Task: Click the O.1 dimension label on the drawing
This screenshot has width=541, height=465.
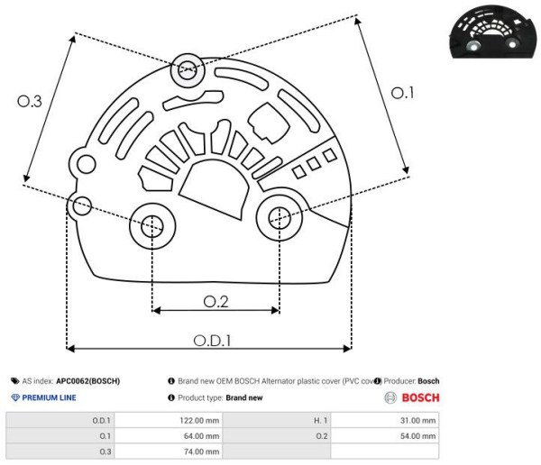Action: pos(402,93)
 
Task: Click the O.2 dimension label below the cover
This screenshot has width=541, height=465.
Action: pos(216,302)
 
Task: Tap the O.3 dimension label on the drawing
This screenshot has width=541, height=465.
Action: pos(30,101)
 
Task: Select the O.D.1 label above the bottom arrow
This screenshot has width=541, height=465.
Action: pos(212,341)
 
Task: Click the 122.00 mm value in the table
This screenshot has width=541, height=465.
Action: pos(199,421)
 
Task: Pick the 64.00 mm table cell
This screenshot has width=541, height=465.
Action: pos(201,436)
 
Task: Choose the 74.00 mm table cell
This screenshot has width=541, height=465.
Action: pos(201,451)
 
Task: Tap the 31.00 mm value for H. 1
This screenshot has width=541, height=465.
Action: pos(417,421)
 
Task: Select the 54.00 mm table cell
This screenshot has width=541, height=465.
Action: pos(417,436)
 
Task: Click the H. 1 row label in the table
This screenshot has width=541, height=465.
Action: pos(320,421)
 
